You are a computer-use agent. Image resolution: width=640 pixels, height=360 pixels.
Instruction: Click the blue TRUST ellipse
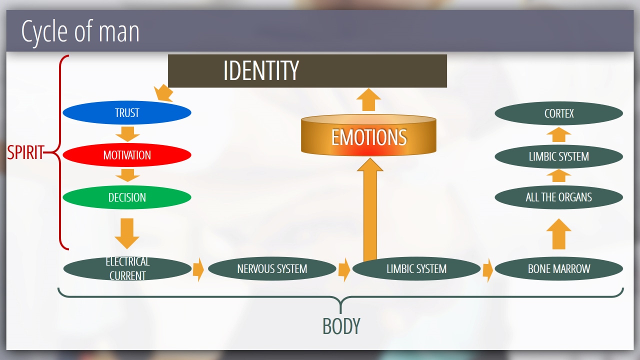pos(126,113)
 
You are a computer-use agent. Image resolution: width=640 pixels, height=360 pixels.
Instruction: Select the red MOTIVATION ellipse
pos(126,155)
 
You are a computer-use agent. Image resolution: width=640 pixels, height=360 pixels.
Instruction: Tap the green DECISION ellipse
pos(126,197)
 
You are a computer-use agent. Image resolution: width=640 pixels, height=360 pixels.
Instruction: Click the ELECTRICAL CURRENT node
pos(127,268)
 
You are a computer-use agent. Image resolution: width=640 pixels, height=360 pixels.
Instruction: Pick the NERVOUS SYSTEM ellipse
pos(271,269)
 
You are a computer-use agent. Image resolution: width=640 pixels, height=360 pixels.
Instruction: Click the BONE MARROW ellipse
pos(558,269)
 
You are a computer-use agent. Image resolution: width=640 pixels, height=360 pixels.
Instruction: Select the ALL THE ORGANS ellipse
pos(558,197)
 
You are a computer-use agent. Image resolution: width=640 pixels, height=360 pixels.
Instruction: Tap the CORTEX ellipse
pos(558,113)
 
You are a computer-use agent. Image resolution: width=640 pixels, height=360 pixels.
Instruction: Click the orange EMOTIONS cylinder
pos(368,137)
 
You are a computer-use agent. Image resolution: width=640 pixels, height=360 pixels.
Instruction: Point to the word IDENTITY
pos(261,70)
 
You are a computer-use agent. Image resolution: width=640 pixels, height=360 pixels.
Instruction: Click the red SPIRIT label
pos(25,152)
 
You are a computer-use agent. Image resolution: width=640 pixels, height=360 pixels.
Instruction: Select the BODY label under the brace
pos(341,326)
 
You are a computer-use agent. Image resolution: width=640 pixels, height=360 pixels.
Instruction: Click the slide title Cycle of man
pos(80,31)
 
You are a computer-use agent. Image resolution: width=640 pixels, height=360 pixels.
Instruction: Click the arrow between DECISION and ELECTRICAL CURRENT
pos(127,232)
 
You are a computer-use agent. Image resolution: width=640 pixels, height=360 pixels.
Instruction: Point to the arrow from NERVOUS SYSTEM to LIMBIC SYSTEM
pos(344,269)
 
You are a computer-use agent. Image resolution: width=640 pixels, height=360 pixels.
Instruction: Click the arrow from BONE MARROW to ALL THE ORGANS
pos(558,233)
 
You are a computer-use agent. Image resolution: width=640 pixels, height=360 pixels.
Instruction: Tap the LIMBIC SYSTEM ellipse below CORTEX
pos(558,156)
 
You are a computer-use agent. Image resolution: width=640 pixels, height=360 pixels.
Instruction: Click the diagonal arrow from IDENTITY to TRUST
pos(163,93)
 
